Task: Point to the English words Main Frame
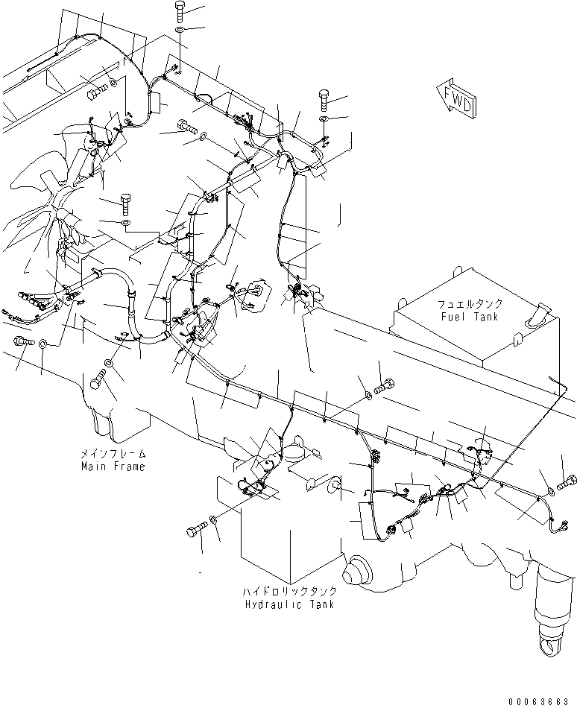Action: pyautogui.click(x=113, y=467)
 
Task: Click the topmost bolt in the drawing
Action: pyautogui.click(x=183, y=11)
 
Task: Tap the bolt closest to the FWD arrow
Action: pyautogui.click(x=326, y=98)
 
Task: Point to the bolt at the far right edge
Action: pyautogui.click(x=569, y=482)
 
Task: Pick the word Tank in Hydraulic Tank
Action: pyautogui.click(x=318, y=604)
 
